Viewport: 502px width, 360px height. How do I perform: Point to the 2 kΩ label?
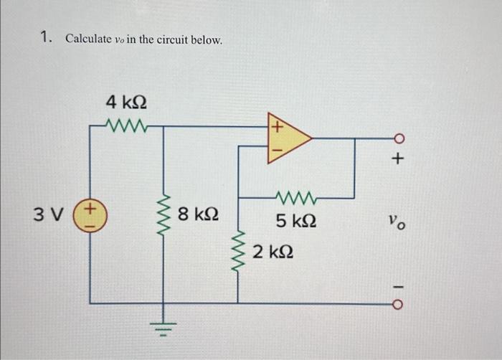pyautogui.click(x=273, y=252)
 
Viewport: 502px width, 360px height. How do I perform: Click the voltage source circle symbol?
pyautogui.click(x=91, y=214)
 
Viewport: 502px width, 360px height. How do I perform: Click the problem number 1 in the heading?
pyautogui.click(x=45, y=38)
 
